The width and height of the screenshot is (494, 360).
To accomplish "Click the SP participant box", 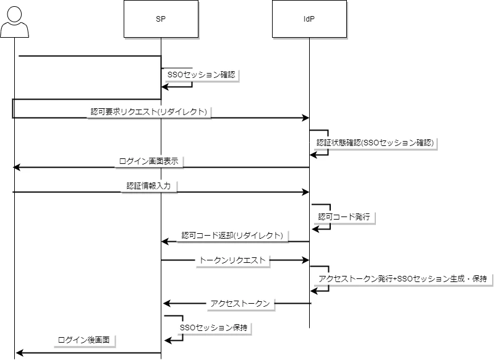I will [x=161, y=19].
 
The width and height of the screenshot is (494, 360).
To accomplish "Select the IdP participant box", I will [x=309, y=19].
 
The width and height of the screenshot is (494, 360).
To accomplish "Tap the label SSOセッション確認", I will [x=202, y=74].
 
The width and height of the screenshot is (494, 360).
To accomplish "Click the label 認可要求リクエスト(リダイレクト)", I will [x=149, y=112].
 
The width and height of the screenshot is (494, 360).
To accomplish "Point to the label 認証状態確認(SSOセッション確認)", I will [x=375, y=142].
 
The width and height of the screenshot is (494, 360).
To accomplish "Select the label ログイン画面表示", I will [x=149, y=161].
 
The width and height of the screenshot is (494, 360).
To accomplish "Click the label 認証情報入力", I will [x=149, y=186].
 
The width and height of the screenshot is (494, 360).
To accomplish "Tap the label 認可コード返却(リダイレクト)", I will [x=232, y=236].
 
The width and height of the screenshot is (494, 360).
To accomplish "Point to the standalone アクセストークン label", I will [x=240, y=303].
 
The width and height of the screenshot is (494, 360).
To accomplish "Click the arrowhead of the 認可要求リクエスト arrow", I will [x=305, y=118].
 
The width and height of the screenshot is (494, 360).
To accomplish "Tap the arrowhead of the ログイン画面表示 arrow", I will [x=17, y=167].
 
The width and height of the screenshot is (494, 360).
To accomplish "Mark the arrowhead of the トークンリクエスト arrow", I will [x=305, y=260].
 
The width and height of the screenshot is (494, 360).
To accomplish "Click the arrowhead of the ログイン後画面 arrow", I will [x=19, y=353].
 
